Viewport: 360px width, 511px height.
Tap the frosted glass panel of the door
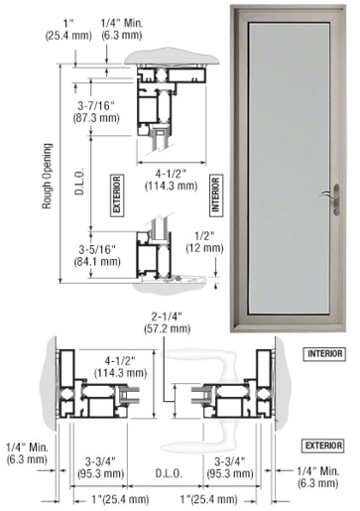click(290, 168)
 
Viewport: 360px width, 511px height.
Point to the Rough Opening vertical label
click(47, 176)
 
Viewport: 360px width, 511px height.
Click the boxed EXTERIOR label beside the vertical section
click(117, 195)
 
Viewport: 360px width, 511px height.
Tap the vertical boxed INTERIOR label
click(215, 195)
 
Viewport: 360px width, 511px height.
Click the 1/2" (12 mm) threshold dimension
click(204, 242)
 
